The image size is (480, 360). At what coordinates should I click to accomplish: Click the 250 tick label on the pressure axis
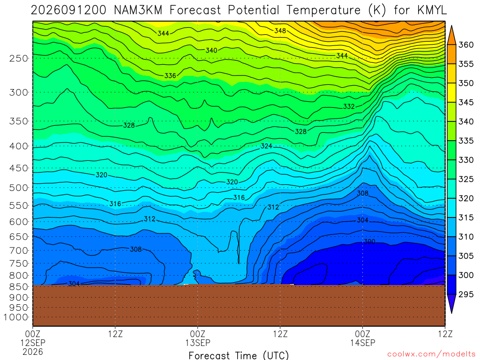tap(18, 58)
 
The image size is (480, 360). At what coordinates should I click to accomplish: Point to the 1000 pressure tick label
tap(16, 317)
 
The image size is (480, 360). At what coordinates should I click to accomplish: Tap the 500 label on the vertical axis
tap(18, 187)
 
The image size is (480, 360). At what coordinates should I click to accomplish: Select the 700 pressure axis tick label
tap(18, 251)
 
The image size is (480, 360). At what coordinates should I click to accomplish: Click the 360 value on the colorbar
tap(465, 45)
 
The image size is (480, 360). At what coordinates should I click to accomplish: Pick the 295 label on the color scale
tap(465, 294)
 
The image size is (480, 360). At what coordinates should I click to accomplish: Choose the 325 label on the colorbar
tap(465, 179)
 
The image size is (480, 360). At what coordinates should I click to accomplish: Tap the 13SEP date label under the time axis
tap(197, 343)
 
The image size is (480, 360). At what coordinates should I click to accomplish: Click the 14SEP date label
tap(362, 343)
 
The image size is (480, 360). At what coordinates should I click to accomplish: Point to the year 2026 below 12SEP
tap(32, 352)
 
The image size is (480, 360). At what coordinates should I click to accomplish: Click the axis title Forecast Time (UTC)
tap(239, 355)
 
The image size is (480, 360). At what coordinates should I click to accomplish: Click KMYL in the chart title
tap(432, 10)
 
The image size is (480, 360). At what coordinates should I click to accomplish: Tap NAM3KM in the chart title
tap(138, 10)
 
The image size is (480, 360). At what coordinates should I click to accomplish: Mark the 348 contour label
tap(280, 30)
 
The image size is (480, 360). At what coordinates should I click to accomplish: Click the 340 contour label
tap(211, 50)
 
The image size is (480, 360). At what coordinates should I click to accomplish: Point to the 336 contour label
tap(170, 75)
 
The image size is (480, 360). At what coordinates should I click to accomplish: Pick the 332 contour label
tap(349, 106)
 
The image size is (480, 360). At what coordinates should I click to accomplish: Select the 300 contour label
tap(369, 241)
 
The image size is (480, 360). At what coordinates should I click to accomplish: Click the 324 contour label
tap(266, 146)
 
